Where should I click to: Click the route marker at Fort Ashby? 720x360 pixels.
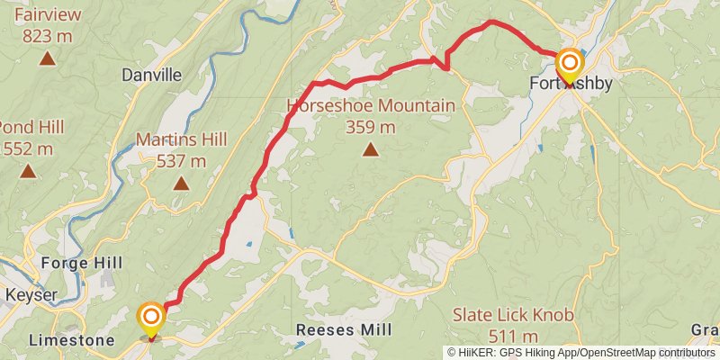(569, 65)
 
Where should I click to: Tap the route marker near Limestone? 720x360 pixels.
(151, 318)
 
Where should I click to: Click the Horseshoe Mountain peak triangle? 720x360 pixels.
(370, 149)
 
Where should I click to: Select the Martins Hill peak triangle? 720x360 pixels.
(181, 184)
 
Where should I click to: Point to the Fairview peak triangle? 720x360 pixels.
(47, 59)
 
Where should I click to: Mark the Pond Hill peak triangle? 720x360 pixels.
(29, 171)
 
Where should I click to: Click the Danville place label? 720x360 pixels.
(151, 76)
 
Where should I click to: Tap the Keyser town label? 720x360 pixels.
(31, 295)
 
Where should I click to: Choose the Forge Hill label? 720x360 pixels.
(76, 264)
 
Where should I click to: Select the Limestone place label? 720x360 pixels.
(71, 341)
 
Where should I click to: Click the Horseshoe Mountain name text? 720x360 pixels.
(371, 106)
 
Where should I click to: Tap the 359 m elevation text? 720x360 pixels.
(371, 127)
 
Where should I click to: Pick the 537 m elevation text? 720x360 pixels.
(181, 161)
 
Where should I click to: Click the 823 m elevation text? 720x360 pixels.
(47, 37)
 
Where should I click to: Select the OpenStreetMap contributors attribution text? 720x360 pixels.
(647, 352)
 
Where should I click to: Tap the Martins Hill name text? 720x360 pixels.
(181, 139)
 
